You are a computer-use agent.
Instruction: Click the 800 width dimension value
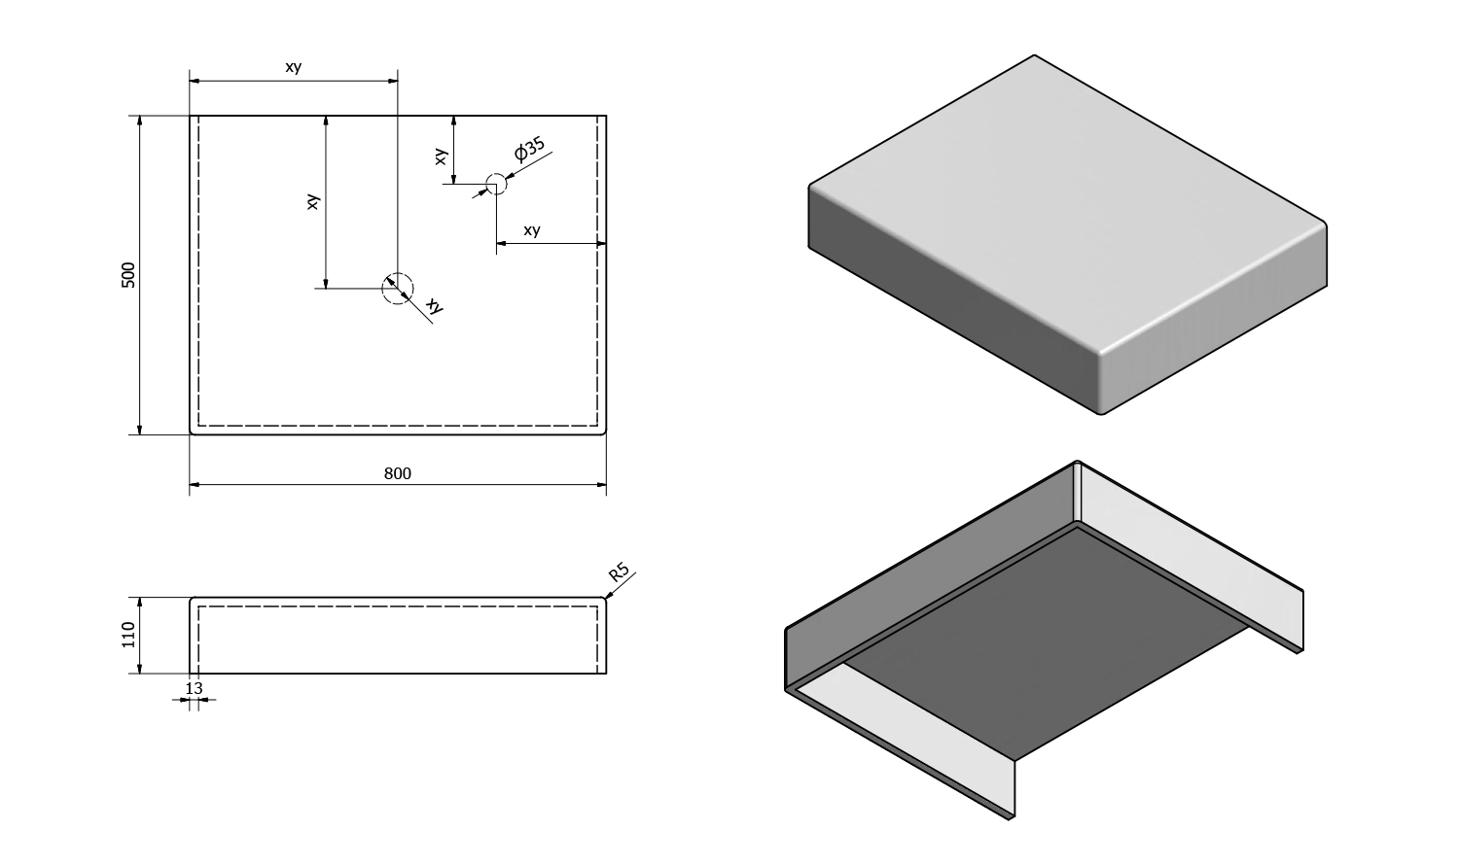398,473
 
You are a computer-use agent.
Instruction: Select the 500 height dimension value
128,274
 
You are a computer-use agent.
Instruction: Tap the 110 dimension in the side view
128,636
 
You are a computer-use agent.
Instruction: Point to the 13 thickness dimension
194,688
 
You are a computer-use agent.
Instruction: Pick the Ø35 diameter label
530,150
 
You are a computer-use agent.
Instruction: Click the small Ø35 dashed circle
496,184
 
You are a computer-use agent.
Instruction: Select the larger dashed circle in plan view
397,288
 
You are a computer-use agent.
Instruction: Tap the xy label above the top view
293,67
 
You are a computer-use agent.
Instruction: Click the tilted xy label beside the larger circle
435,306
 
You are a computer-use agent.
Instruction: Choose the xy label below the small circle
531,230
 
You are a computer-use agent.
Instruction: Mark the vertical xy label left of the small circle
441,156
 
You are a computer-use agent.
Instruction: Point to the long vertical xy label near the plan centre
312,202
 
